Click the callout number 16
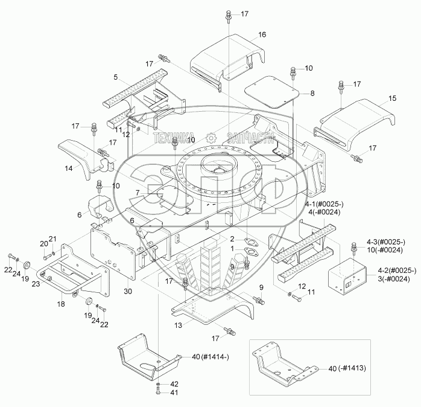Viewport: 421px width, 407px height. (x=262, y=34)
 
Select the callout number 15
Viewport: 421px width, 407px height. (x=392, y=98)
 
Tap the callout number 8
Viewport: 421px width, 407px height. (x=312, y=93)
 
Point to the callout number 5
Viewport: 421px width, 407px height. (x=115, y=77)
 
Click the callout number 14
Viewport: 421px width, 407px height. (x=69, y=168)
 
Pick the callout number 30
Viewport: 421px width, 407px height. (x=128, y=292)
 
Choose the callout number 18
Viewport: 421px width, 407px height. (x=61, y=304)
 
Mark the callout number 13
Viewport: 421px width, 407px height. (x=179, y=325)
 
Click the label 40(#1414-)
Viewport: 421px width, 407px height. (x=210, y=357)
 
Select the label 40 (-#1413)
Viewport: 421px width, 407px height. (x=347, y=368)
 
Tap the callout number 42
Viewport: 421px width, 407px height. (x=174, y=384)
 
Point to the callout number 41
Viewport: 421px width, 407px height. (x=174, y=393)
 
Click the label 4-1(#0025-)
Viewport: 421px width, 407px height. (x=324, y=205)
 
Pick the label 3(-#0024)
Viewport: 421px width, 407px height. (x=394, y=280)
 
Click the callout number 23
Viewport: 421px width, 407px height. (x=36, y=284)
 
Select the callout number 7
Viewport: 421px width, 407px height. (x=138, y=193)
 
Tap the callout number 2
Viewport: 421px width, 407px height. (x=232, y=239)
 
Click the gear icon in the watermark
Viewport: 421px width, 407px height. (x=211, y=138)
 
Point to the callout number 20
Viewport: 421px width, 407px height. (x=44, y=244)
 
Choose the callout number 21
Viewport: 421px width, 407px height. (x=52, y=239)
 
